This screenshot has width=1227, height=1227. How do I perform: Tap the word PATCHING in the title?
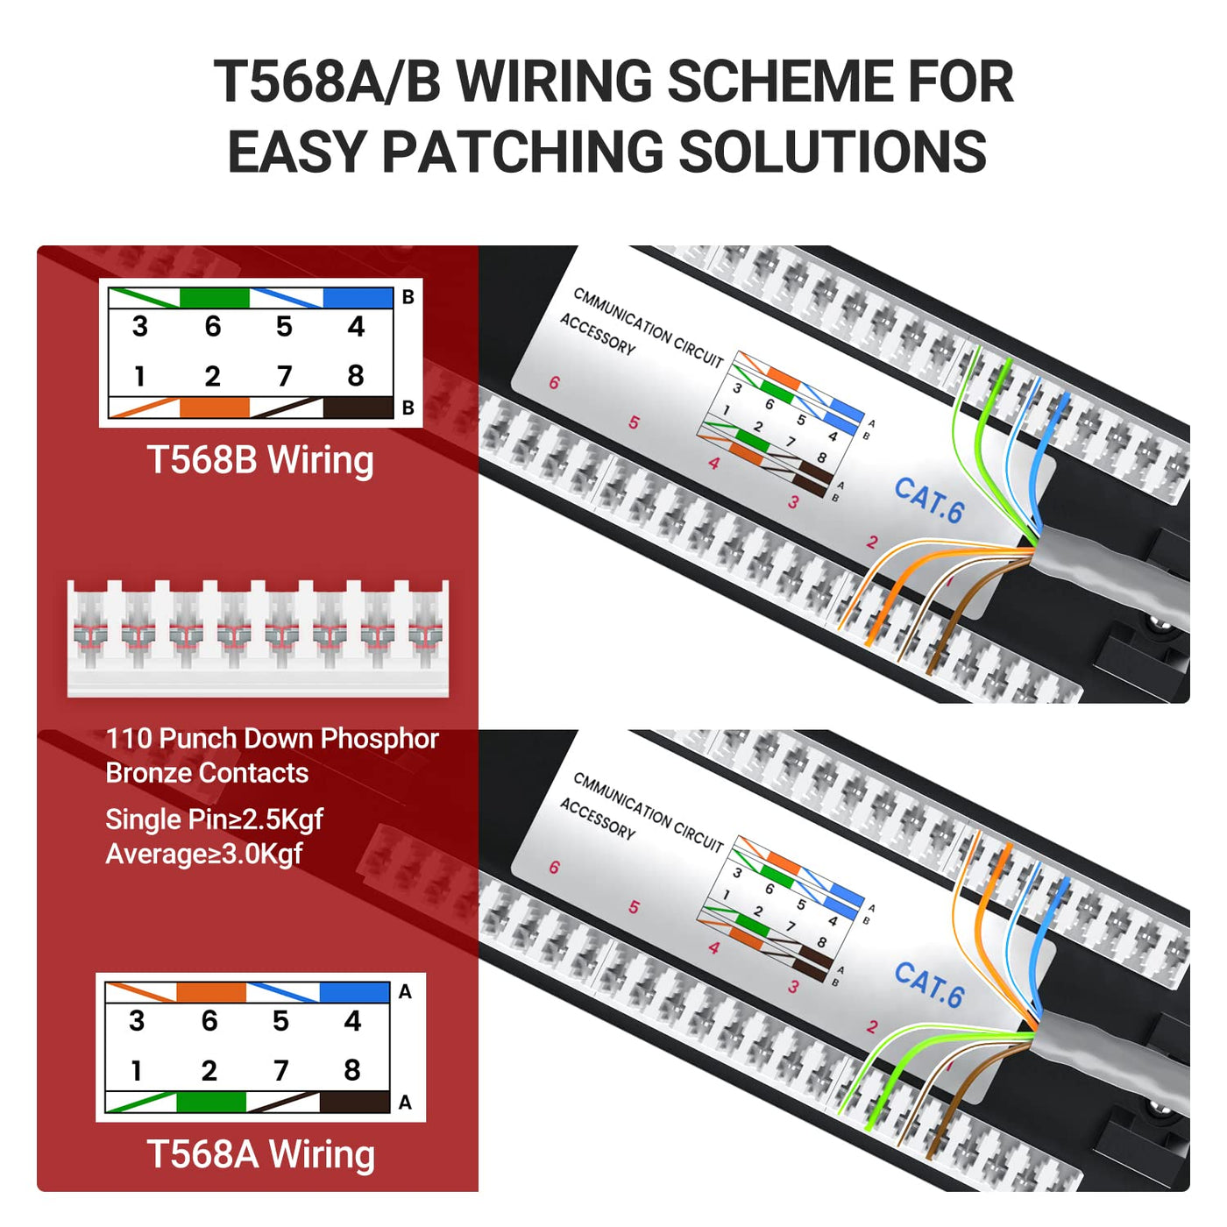522,152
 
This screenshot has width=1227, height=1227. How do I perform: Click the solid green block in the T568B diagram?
214,298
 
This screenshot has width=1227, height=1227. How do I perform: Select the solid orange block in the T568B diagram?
214,408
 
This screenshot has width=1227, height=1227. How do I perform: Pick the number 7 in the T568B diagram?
284,376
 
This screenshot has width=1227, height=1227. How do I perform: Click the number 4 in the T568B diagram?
356,327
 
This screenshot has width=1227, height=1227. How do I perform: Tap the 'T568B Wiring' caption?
259,460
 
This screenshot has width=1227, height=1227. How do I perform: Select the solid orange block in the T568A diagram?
210,993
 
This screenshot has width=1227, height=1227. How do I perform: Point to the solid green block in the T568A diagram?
210,1102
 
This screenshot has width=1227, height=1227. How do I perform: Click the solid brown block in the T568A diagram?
355,1102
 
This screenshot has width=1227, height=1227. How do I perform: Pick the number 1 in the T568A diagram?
136,1070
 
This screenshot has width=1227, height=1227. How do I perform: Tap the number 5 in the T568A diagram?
280,1021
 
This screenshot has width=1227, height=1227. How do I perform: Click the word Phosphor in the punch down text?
379,739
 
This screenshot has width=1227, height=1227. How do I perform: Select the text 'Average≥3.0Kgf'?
203,854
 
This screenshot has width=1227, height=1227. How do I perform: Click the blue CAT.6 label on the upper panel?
929,500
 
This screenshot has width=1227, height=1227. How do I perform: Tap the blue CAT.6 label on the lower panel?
929,985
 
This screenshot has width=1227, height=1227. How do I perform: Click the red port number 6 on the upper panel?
555,383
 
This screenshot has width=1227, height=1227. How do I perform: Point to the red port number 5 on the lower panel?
634,907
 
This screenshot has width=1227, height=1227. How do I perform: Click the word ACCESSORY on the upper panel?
597,335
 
